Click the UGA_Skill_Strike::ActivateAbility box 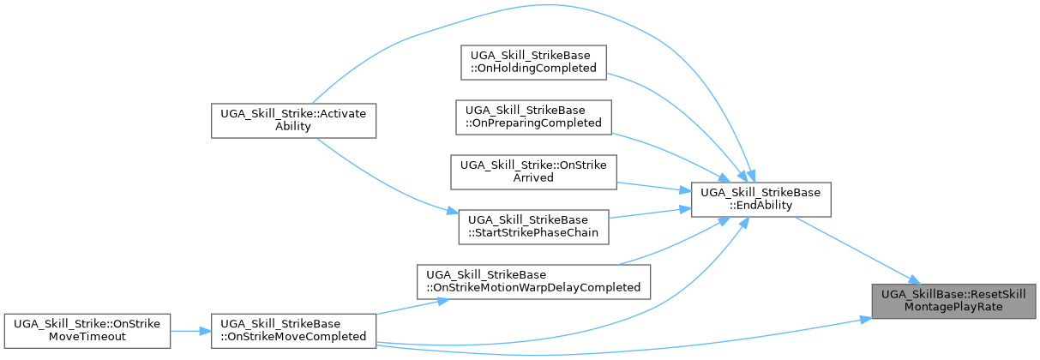point(293,121)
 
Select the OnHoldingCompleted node point(533,63)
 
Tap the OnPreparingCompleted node point(533,117)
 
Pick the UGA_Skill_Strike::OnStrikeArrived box point(533,172)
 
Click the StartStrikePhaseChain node point(533,227)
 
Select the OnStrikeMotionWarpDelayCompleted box point(533,282)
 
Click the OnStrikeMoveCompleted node point(293,331)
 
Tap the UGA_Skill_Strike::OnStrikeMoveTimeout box point(87,331)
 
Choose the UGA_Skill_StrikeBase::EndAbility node point(761,200)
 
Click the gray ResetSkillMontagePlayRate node point(953,301)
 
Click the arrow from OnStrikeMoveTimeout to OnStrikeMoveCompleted point(191,331)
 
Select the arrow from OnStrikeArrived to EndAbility point(653,187)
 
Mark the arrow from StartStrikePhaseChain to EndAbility point(650,213)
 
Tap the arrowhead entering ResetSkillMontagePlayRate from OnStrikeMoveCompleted point(866,320)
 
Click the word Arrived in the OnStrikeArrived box point(533,177)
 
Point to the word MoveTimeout point(87,336)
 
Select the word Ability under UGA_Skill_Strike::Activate point(293,126)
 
